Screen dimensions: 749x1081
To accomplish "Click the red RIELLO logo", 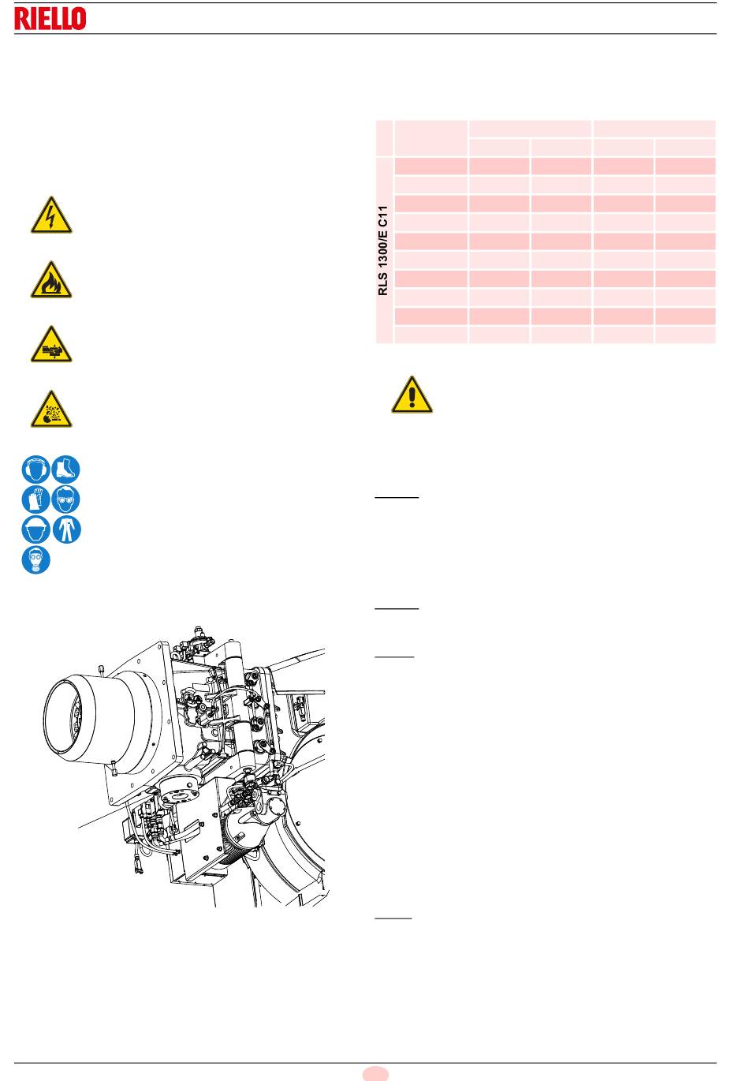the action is (x=50, y=19).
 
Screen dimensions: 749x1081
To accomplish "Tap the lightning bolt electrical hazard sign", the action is (x=51, y=215).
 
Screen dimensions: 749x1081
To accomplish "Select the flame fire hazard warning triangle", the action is (x=51, y=280).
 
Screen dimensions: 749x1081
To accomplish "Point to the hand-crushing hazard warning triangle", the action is (x=51, y=345).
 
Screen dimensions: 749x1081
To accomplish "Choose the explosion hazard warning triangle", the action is (x=51, y=410).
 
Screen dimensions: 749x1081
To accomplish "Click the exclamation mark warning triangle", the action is (x=412, y=395).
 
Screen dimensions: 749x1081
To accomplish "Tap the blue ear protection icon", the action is (x=35, y=469).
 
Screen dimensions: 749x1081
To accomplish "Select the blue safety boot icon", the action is (x=65, y=469).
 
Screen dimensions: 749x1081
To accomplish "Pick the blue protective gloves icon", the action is (x=35, y=499).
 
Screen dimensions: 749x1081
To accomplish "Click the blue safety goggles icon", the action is (x=65, y=499).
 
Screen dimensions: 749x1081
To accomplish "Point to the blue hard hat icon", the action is (x=35, y=529).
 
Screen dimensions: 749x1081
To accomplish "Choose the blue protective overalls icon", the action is (x=66, y=529).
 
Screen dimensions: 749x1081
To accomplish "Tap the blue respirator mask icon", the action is (x=35, y=559).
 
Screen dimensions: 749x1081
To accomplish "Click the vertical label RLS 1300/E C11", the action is (x=383, y=250).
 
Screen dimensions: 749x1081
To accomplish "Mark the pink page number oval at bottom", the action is (x=375, y=1074).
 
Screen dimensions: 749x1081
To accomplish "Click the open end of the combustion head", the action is (x=69, y=717).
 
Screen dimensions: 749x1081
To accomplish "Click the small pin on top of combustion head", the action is (x=102, y=670).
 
